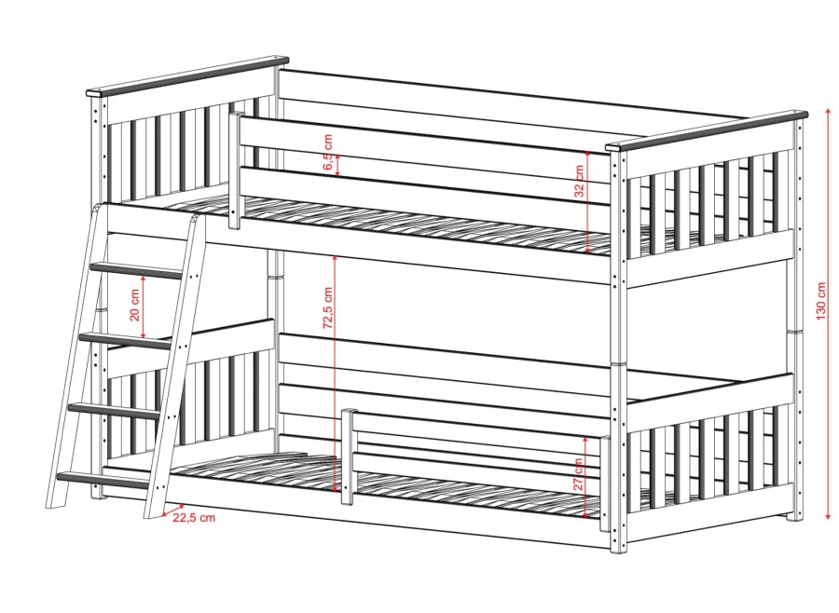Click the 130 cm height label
pos(821,301)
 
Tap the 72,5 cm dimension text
pos(327,307)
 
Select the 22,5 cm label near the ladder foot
pos(194,517)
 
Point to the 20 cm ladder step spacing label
pos(135,305)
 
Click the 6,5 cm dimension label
pos(328,152)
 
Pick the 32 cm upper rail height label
pos(580,181)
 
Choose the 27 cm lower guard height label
pos(578,474)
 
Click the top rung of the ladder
pos(136,270)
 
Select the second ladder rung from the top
pos(126,340)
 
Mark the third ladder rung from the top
pos(115,410)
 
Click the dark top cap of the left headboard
pos(187,76)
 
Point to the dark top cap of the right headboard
pos(707,131)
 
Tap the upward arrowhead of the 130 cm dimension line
pos(829,112)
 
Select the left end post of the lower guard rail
pos(348,456)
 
